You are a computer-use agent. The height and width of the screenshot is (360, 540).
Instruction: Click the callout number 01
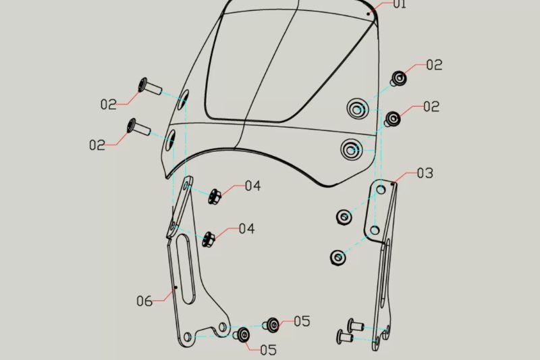[x=400, y=5]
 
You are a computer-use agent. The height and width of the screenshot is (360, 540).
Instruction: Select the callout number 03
[x=425, y=173]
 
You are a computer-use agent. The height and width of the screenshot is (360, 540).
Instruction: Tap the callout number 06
[x=144, y=301]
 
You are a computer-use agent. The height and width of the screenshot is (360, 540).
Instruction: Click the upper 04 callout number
[x=252, y=185]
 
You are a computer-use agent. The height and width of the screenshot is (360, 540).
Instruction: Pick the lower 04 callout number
[x=246, y=229]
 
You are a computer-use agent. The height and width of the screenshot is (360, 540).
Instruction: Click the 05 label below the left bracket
[x=268, y=350]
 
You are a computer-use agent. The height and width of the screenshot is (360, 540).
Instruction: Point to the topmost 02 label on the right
[x=434, y=65]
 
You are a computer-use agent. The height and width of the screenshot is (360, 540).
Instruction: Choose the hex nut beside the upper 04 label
[x=215, y=197]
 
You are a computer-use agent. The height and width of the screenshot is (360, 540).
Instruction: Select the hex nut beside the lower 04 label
[x=209, y=238]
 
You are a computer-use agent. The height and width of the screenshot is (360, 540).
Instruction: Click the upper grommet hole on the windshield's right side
[x=356, y=107]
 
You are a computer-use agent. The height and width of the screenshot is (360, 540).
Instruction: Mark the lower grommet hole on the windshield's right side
[x=352, y=149]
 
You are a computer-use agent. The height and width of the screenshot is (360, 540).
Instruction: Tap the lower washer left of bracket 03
[x=338, y=257]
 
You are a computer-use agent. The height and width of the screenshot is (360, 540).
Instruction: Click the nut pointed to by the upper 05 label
[x=273, y=324]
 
